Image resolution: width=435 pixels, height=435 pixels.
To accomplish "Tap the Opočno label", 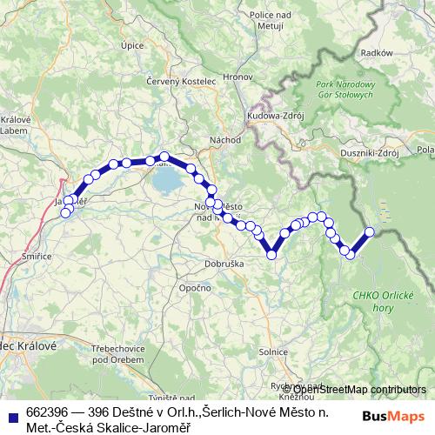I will [191, 287].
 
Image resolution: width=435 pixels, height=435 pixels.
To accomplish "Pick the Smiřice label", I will [37, 258].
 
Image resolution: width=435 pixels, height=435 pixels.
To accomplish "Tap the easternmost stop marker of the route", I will [369, 231].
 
